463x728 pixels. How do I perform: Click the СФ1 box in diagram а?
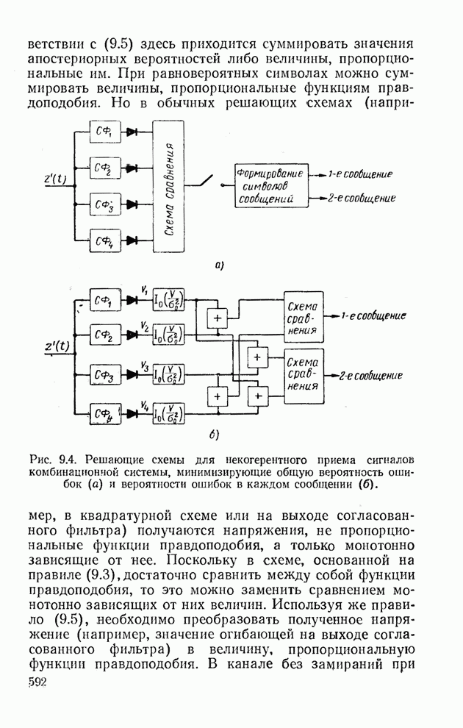[x=103, y=132]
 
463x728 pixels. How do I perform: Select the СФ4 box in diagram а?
[x=103, y=239]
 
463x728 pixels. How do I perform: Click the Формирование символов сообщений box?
[x=269, y=186]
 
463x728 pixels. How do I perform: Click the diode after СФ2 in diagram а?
[x=132, y=168]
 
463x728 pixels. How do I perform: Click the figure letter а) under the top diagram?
[x=218, y=265]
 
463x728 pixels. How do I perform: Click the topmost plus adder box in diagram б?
[x=217, y=318]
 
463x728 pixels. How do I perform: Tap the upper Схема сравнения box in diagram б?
[x=303, y=314]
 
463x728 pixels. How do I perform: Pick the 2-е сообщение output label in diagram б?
[x=370, y=376]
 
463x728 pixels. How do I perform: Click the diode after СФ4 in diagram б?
[x=132, y=415]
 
